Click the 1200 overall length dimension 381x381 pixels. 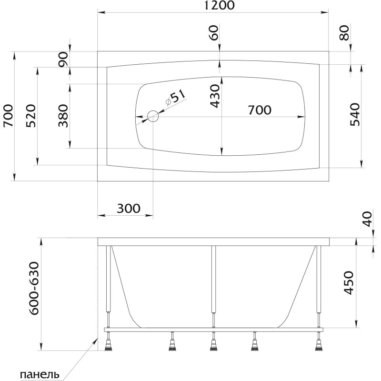click(219, 5)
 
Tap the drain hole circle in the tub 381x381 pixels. click(153, 116)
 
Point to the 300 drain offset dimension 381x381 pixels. click(129, 209)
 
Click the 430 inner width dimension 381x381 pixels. click(215, 96)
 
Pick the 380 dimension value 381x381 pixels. click(63, 116)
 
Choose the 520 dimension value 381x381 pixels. click(31, 116)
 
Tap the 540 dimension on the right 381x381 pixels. click(355, 114)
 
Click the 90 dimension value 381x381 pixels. click(63, 60)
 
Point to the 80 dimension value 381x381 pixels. click(344, 33)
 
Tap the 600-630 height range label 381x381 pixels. click(33, 289)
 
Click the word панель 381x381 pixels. click(40, 374)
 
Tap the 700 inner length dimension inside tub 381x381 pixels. click(260, 110)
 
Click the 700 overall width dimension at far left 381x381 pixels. click(9, 116)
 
